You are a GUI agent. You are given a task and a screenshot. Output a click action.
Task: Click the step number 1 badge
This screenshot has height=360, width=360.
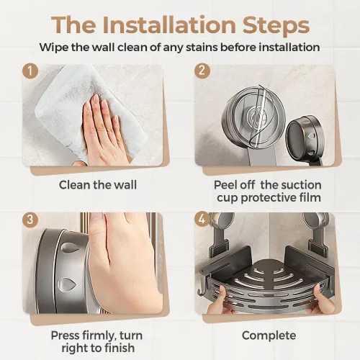[x=30, y=71]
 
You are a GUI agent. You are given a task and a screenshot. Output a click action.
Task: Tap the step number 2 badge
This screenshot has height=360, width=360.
[x=202, y=71]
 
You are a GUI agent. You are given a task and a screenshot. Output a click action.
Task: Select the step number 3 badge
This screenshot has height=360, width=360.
[x=30, y=219]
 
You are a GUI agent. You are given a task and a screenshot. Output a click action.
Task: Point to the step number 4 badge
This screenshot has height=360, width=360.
[x=202, y=219]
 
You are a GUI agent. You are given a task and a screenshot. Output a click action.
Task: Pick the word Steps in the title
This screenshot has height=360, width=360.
[x=276, y=26]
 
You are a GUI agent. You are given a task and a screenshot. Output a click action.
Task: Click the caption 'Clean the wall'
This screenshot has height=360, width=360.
[x=98, y=185]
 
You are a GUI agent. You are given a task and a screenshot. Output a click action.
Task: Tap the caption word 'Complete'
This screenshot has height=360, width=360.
[x=269, y=336]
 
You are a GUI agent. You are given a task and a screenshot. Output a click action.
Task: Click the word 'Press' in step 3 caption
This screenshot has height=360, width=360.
[x=65, y=336]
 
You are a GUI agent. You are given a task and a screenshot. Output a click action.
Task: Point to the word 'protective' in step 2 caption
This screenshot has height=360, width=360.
[x=264, y=198]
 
